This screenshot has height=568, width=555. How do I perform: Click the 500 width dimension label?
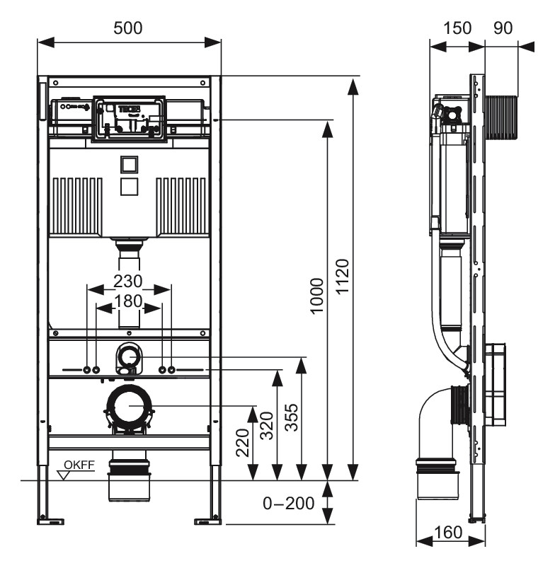tap(128, 28)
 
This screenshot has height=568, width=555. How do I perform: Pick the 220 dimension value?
tap(242, 444)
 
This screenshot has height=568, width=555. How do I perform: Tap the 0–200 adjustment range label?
tap(289, 504)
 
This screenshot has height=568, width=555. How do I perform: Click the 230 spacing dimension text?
tap(128, 281)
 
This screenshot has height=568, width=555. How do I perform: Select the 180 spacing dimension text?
tap(128, 301)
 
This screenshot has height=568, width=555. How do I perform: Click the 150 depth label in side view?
tap(457, 28)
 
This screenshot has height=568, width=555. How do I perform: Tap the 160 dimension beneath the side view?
tap(450, 532)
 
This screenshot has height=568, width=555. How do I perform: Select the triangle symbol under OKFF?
tap(67, 475)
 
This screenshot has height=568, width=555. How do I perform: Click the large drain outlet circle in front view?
tap(128, 406)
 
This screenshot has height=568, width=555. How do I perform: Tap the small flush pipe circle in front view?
tap(128, 354)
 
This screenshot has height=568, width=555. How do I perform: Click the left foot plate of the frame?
tap(51, 522)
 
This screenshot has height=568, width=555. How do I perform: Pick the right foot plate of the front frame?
tap(207, 522)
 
